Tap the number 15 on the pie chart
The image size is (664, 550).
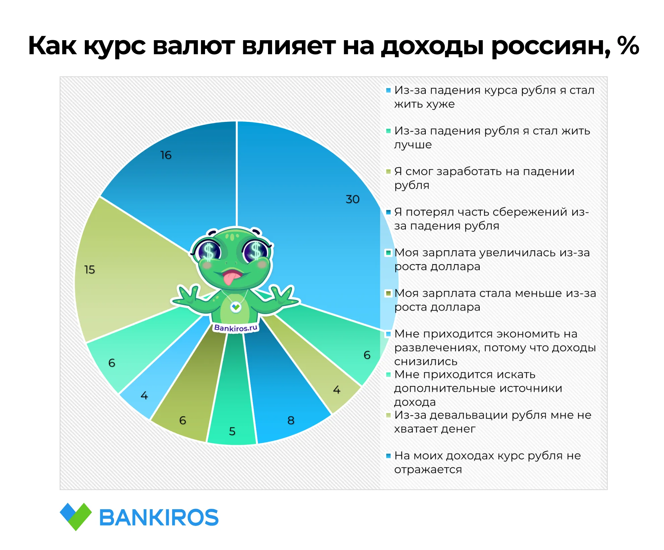[89, 269]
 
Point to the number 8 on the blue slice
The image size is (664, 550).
[291, 420]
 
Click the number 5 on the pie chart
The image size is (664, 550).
[232, 431]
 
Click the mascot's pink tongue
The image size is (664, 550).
[230, 278]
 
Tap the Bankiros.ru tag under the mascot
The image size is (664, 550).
[236, 328]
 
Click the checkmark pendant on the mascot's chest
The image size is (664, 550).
[236, 306]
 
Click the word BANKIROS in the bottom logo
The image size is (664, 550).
[159, 518]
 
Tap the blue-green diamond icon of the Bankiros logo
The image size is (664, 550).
[76, 517]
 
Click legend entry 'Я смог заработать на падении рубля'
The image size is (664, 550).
[484, 178]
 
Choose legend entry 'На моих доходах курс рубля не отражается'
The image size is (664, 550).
[487, 462]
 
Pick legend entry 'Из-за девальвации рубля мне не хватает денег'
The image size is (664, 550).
[492, 422]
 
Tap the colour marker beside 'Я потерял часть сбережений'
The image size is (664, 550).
[388, 212]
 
